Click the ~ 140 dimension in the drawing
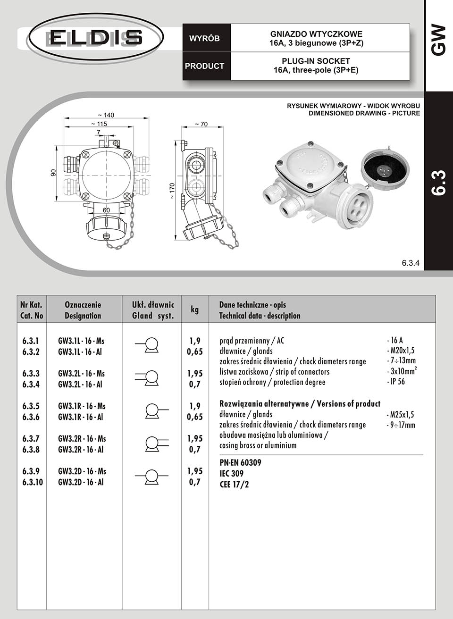(x=106, y=115)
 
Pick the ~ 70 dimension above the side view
(x=201, y=124)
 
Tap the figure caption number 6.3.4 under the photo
(x=411, y=263)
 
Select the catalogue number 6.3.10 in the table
(x=32, y=482)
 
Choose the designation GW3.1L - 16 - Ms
(x=81, y=341)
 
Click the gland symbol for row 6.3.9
(x=151, y=476)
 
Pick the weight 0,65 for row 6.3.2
(x=194, y=351)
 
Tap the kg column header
(x=194, y=309)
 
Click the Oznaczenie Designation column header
(x=83, y=310)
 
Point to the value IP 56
(x=395, y=382)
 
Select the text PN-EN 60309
(x=240, y=463)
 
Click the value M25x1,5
(x=400, y=415)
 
